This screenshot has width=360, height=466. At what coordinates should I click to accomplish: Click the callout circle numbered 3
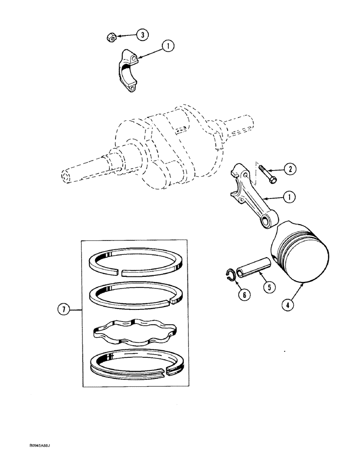(143, 34)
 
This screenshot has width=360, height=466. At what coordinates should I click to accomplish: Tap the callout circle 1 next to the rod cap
(168, 45)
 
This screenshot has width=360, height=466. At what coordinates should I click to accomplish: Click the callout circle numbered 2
(290, 170)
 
